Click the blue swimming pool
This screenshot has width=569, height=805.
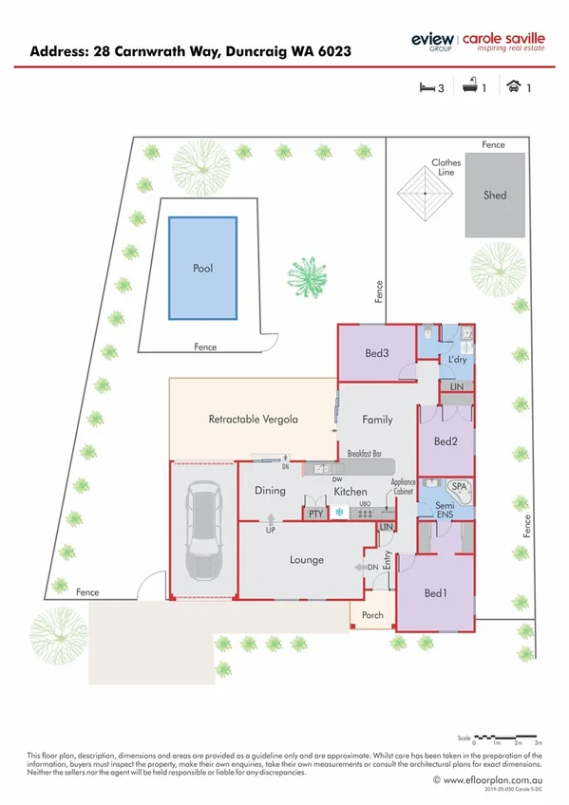click(x=202, y=268)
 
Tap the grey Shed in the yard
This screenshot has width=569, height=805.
click(x=495, y=195)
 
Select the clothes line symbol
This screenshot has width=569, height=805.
click(x=423, y=194)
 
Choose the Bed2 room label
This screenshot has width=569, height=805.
click(x=446, y=441)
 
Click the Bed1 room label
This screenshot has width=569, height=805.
click(x=435, y=593)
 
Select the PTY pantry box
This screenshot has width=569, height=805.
click(x=316, y=513)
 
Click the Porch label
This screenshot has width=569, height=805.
click(x=373, y=615)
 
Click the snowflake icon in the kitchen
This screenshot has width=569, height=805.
click(x=339, y=513)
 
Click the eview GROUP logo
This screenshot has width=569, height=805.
click(x=432, y=40)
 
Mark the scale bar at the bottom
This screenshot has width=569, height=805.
click(x=506, y=737)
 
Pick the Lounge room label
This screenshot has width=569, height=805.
click(x=307, y=560)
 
